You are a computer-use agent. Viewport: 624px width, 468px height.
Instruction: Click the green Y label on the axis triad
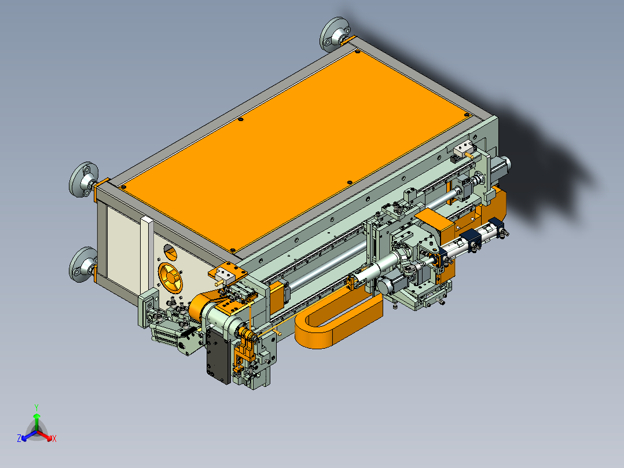[36, 407]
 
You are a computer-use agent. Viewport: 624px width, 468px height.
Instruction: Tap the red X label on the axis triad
[54, 438]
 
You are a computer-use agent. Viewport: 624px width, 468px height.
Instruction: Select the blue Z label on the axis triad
[19, 438]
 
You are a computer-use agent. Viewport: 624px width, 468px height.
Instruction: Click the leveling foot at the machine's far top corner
[335, 34]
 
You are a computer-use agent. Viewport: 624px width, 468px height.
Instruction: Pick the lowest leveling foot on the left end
[83, 265]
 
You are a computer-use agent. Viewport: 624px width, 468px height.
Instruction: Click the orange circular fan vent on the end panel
[170, 277]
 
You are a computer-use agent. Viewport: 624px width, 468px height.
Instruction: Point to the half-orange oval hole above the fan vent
[170, 252]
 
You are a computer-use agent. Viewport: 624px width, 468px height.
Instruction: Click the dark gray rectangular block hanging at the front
[218, 356]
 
